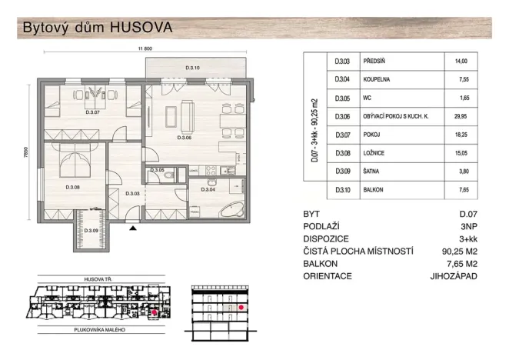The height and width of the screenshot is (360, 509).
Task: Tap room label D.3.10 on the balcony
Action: click(193, 69)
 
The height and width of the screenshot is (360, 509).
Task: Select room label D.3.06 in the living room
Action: click(184, 138)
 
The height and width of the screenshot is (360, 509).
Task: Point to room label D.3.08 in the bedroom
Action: click(73, 187)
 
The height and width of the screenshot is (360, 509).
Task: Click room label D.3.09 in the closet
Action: click(90, 231)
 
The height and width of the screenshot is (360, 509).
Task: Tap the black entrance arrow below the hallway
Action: click(133, 228)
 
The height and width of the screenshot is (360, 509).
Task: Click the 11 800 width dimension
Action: click(146, 50)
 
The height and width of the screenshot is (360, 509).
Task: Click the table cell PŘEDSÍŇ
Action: click(371, 61)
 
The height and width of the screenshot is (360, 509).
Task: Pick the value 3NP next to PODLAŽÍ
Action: click(466, 226)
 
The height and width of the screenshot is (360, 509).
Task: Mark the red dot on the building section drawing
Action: click(241, 307)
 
